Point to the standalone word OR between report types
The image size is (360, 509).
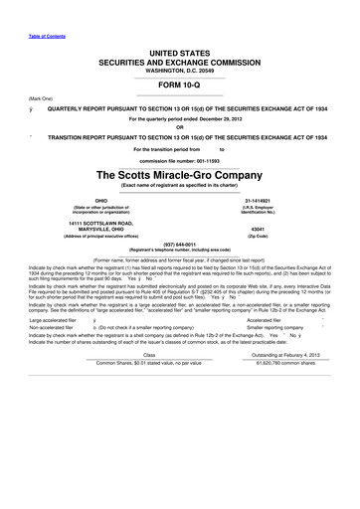(180, 124)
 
